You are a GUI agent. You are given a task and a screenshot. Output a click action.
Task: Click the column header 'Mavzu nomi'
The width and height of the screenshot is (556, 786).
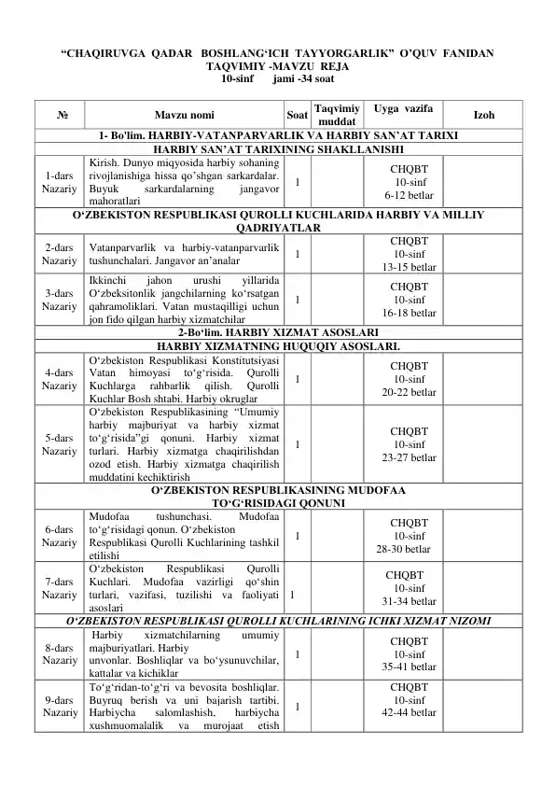182,116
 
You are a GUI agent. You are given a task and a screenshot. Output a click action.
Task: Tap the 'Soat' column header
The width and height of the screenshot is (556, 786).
296,116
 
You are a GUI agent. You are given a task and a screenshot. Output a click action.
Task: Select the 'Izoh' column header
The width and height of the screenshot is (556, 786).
484,116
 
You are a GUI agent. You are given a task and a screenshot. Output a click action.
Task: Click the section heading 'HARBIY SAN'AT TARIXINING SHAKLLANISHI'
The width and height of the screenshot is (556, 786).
277,149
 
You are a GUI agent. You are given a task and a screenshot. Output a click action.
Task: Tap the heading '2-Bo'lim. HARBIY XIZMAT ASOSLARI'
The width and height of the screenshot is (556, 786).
277,332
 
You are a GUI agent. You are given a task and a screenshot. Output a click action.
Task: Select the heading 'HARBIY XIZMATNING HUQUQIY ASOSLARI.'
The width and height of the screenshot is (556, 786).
277,345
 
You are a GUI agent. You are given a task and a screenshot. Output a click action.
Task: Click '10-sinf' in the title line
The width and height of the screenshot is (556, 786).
235,81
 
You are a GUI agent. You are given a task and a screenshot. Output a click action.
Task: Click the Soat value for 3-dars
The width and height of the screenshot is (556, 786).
296,301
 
